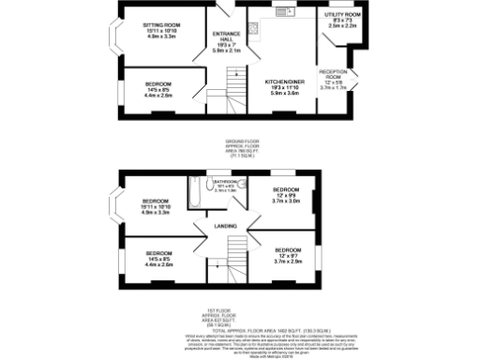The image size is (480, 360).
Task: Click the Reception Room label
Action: (x=333, y=77)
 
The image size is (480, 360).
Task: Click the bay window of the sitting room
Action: (x=114, y=35)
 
